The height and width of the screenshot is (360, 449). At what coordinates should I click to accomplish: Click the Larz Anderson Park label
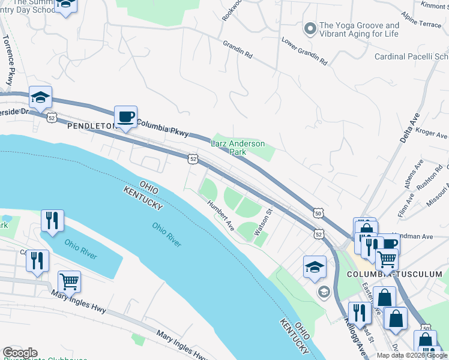click(x=237, y=148)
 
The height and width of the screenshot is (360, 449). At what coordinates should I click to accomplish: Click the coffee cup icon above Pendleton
click(x=126, y=116)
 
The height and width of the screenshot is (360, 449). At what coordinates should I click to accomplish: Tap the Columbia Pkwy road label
click(x=163, y=128)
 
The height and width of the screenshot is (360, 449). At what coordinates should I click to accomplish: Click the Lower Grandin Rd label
click(x=304, y=52)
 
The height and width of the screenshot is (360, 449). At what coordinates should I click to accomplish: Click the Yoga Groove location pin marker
click(x=310, y=29)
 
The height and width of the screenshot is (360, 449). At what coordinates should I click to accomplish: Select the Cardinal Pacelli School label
click(x=411, y=56)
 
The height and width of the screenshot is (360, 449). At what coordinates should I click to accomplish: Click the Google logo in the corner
click(x=20, y=353)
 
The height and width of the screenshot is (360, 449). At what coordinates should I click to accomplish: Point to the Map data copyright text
click(x=412, y=355)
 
